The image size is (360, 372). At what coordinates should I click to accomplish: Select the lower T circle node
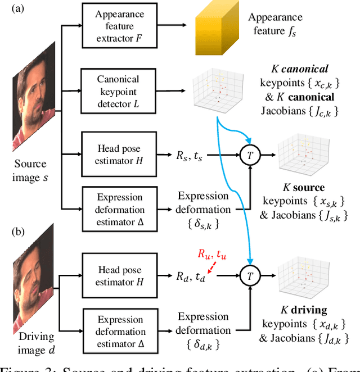249,275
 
